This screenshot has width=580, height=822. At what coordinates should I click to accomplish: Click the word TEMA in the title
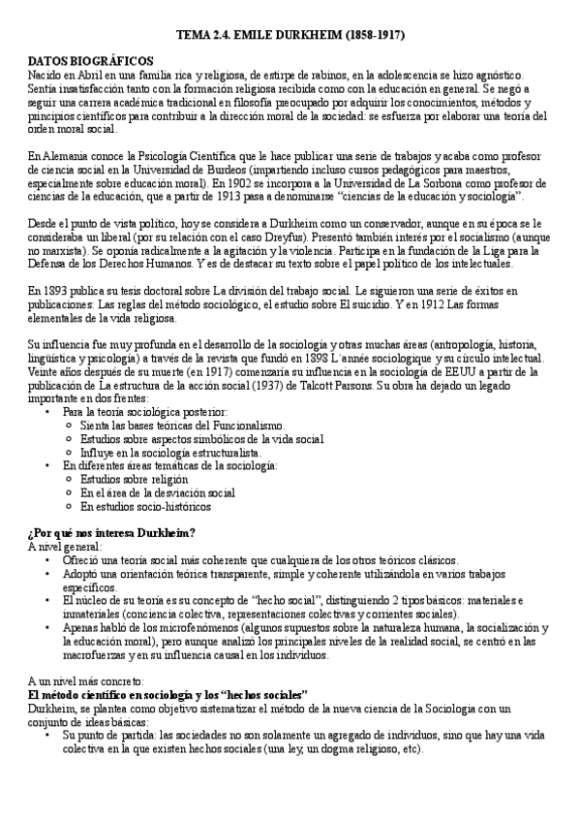[192, 35]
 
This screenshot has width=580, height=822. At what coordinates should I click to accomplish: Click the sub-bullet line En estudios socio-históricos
[145, 505]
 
